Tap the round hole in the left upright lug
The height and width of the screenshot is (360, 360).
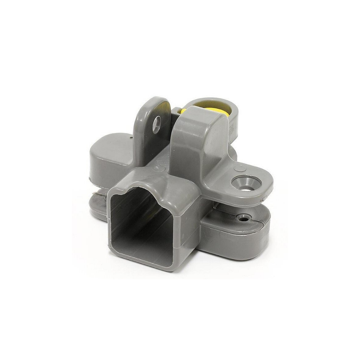(x=156, y=125)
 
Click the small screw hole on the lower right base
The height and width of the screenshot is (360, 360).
(x=242, y=219)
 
